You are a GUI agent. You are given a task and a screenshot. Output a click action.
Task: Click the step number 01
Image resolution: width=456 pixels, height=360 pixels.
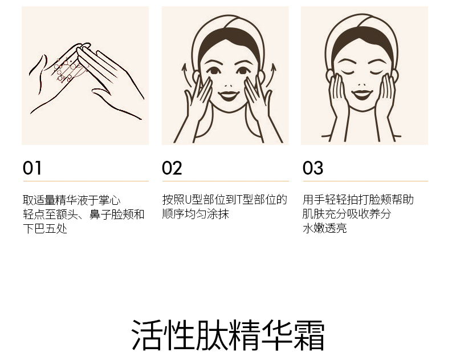coord(32,168)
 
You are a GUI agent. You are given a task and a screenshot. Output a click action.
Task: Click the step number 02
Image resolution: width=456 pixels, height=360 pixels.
coord(172,168)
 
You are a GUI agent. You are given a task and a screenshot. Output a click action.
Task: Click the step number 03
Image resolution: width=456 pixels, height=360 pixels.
coord(312,168)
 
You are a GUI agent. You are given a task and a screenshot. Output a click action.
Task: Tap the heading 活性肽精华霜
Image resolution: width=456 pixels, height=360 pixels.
coord(228,335)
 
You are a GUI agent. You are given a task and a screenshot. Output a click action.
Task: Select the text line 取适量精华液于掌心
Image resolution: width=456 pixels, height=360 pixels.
coord(72,200)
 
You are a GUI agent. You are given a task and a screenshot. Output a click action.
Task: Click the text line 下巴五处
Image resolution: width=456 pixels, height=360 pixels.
coord(45,228)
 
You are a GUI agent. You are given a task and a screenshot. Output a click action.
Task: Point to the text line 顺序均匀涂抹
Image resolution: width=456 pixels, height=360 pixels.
coord(196,214)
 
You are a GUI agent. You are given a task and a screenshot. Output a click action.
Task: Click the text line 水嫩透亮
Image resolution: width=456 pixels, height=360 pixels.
coord(325,228)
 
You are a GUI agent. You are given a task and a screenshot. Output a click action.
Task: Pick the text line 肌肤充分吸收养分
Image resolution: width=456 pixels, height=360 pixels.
coord(347,214)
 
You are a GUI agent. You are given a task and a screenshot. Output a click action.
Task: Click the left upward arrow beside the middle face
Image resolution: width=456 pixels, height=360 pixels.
coord(186,75)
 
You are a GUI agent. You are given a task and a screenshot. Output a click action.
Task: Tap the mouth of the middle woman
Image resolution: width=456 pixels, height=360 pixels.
coord(229,95)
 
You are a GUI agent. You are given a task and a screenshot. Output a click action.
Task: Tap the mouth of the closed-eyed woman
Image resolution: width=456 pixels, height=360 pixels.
coord(362,95)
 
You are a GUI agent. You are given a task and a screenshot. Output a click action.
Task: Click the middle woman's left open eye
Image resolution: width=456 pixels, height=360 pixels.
coord(214,71)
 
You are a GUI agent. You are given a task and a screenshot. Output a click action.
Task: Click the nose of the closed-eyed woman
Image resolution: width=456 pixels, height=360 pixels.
coord(362,84)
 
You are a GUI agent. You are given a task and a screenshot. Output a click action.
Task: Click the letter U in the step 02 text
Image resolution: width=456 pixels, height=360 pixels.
coord(188,200)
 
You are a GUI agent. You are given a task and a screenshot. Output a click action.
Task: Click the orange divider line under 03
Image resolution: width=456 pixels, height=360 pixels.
coord(365,181)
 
